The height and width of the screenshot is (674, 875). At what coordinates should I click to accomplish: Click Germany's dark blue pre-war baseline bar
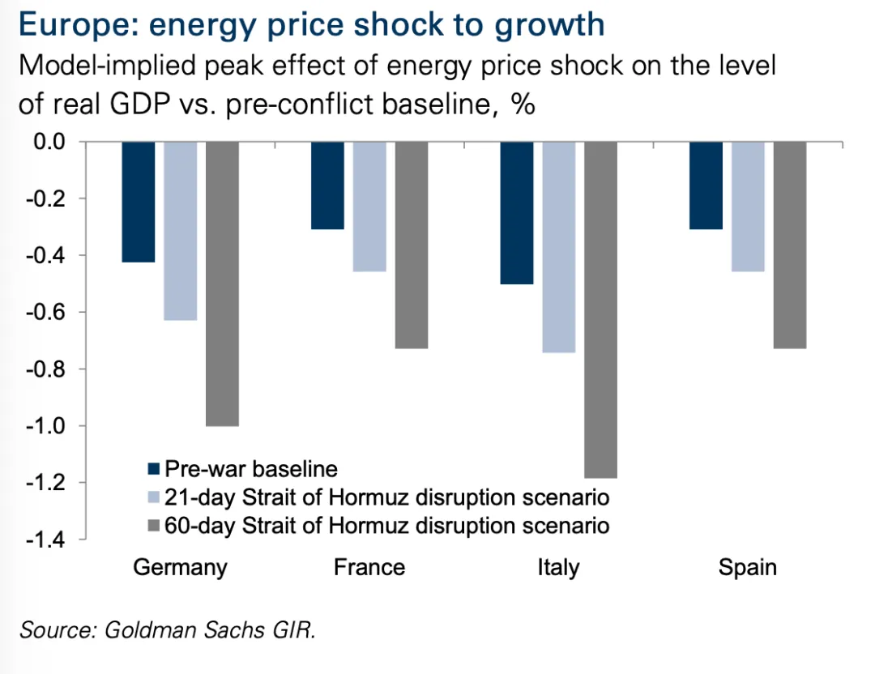coord(138,202)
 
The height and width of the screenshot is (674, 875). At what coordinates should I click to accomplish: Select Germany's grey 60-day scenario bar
coord(222,284)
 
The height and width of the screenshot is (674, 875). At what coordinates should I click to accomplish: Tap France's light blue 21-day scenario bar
coord(369,207)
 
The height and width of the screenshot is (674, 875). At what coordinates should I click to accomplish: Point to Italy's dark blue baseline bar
coord(516,213)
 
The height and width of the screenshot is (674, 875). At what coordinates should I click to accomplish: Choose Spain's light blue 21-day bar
coord(748,207)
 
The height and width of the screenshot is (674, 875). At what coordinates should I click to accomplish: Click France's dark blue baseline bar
coord(327,186)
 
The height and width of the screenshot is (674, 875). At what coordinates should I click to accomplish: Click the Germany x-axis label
coord(180,567)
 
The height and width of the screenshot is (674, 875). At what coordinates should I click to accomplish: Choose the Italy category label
coord(558,567)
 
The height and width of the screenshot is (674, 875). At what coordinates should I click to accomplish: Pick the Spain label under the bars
coord(747,567)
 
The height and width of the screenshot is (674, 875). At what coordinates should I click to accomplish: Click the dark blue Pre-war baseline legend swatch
coord(154,469)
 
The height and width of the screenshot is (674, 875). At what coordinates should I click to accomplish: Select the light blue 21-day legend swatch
coord(154,497)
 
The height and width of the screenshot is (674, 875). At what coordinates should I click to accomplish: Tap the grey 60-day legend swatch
coord(154,525)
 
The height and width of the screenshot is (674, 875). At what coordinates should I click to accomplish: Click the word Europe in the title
coord(67,25)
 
